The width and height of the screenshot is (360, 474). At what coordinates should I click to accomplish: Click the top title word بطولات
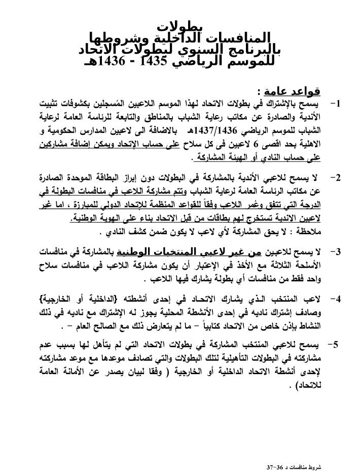click(x=180, y=26)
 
